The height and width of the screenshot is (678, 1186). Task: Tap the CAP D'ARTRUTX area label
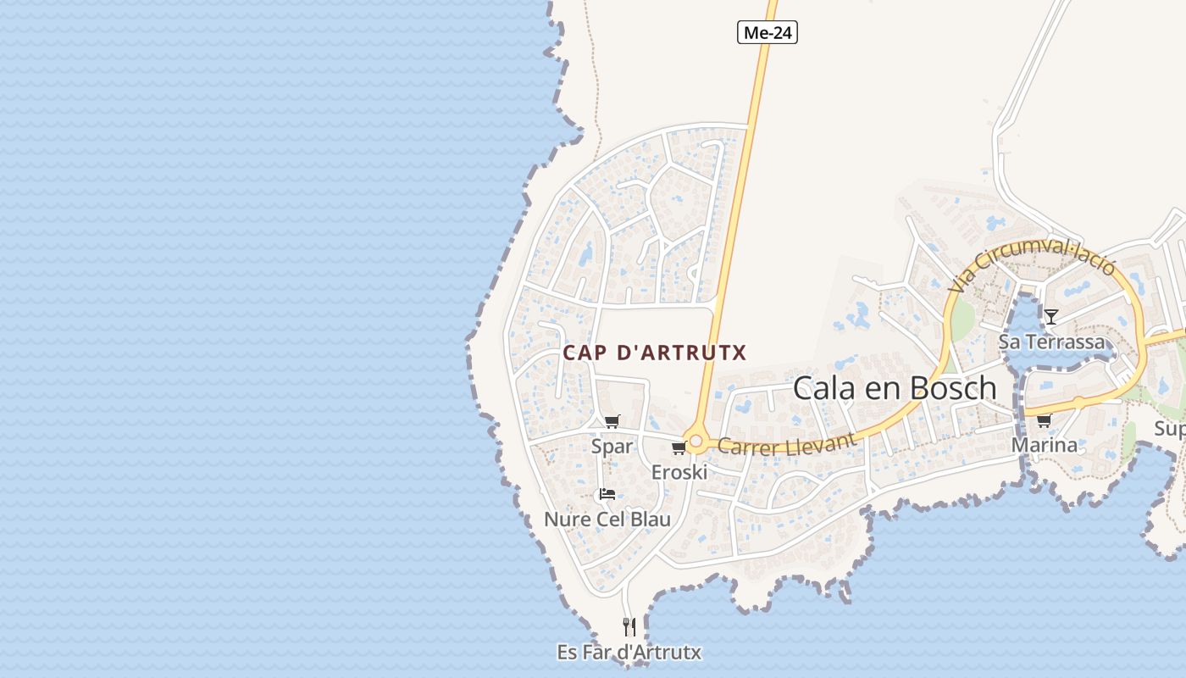(x=655, y=353)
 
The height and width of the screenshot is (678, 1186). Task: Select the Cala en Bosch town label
(x=895, y=388)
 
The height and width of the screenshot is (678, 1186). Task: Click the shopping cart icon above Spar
(x=612, y=421)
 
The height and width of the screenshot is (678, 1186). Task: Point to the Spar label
(x=612, y=446)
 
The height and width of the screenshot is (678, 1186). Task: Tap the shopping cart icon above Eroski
(x=678, y=448)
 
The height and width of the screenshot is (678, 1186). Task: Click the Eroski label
(x=679, y=472)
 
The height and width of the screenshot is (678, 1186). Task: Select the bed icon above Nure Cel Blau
(x=607, y=494)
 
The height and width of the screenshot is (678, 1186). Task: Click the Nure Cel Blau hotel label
(x=607, y=520)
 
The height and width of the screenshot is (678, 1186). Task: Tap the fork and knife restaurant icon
(x=629, y=627)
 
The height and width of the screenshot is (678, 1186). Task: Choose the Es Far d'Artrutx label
(x=629, y=653)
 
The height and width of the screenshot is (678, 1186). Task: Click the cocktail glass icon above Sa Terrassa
(x=1051, y=317)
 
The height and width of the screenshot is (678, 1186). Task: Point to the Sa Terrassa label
(x=1051, y=342)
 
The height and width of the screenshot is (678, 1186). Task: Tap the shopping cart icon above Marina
(x=1044, y=420)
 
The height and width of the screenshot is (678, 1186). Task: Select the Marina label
(x=1044, y=445)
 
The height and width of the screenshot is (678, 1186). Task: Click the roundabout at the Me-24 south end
(x=696, y=442)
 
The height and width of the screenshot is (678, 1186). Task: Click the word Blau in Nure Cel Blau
(x=649, y=520)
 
